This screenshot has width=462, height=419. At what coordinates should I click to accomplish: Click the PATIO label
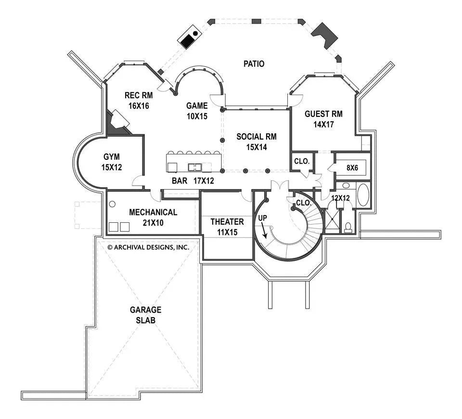pyautogui.click(x=254, y=63)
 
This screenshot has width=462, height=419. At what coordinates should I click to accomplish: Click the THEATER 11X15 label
pyautogui.click(x=227, y=227)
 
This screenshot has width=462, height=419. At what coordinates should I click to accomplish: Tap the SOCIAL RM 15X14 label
pyautogui.click(x=257, y=141)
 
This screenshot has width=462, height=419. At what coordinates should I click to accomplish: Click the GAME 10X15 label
pyautogui.click(x=197, y=111)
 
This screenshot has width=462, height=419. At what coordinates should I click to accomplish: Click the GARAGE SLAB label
pyautogui.click(x=145, y=315)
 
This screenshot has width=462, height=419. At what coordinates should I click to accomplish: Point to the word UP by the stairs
pyautogui.click(x=263, y=218)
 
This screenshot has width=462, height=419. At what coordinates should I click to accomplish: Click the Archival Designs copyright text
pyautogui.click(x=148, y=247)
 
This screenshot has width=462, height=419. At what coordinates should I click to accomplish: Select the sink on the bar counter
pyautogui.click(x=195, y=167)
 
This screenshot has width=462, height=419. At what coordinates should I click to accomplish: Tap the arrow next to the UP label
pyautogui.click(x=265, y=232)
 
